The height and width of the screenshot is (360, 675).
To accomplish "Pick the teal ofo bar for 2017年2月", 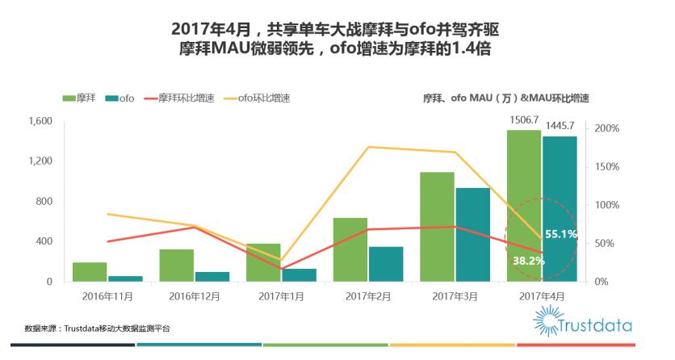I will click(386, 264).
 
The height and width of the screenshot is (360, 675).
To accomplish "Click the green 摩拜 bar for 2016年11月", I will click(90, 272).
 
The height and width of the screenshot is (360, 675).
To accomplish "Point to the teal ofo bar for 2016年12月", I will click(212, 277).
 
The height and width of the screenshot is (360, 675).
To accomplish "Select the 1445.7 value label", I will click(560, 126).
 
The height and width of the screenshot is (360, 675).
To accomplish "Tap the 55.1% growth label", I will click(560, 234).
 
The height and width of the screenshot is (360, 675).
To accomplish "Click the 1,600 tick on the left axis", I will click(40, 121).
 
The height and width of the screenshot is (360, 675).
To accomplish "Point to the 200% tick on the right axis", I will click(606, 128).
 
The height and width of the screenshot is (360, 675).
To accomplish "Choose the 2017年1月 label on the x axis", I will click(281, 297).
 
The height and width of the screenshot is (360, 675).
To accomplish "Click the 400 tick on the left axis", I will click(45, 241).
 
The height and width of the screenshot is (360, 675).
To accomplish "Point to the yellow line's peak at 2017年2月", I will click(368, 147).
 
